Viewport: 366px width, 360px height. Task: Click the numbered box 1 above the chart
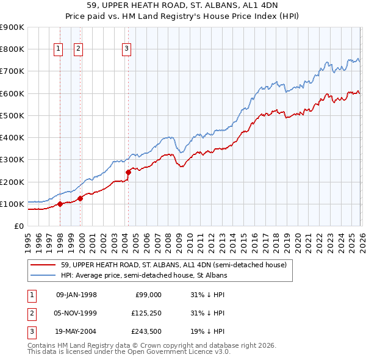[59, 49]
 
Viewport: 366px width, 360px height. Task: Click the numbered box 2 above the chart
[79, 49]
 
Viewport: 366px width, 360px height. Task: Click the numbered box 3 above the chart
[126, 49]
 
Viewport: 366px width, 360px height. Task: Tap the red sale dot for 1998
[60, 204]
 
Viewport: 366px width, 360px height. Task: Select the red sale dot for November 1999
[80, 198]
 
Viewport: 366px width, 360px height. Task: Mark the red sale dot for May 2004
[129, 173]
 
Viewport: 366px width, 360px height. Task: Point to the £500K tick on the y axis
[12, 115]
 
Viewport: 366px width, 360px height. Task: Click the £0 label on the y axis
[18, 226]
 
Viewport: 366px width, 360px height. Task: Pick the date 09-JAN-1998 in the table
[76, 295]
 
